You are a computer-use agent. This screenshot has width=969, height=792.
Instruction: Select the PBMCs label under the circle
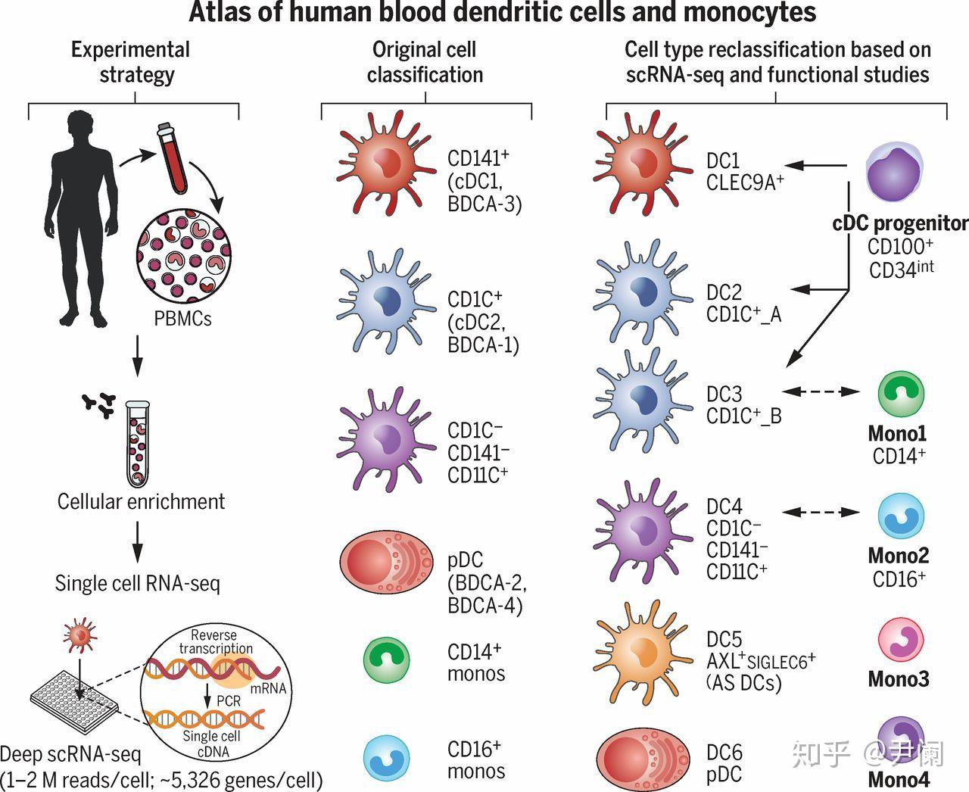(x=182, y=319)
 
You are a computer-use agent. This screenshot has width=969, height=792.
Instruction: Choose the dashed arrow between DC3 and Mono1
(x=821, y=391)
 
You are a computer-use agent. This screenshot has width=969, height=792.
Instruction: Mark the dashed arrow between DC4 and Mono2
(x=821, y=513)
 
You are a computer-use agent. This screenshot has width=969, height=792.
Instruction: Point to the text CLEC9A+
(x=745, y=182)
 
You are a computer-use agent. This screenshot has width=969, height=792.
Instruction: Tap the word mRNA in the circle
(x=268, y=688)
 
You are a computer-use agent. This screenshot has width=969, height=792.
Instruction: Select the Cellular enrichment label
(x=141, y=501)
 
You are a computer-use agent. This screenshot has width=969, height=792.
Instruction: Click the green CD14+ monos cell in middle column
(x=386, y=661)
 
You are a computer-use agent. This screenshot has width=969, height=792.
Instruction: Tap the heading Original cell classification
(x=425, y=62)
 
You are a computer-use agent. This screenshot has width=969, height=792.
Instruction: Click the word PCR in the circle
(x=228, y=701)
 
